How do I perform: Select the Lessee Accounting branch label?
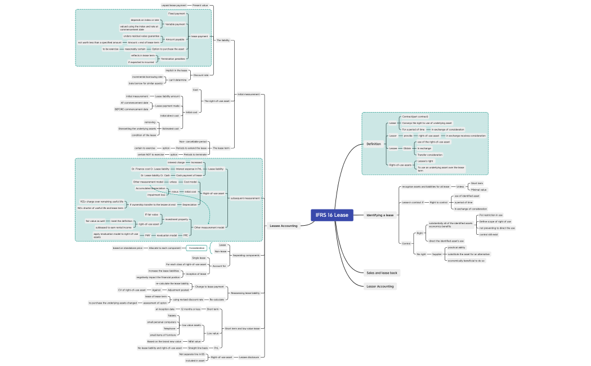[x=283, y=226]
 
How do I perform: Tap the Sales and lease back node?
[x=382, y=273]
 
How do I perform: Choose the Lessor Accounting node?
[x=380, y=286]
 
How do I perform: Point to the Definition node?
[x=374, y=144]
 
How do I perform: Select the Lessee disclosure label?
[x=248, y=357]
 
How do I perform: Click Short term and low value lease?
[x=243, y=328]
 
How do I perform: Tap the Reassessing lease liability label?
[x=245, y=293]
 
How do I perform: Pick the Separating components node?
[x=247, y=255]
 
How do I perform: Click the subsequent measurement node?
[x=245, y=198]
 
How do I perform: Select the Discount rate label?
[x=201, y=75]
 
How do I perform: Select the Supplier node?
[x=437, y=254]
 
